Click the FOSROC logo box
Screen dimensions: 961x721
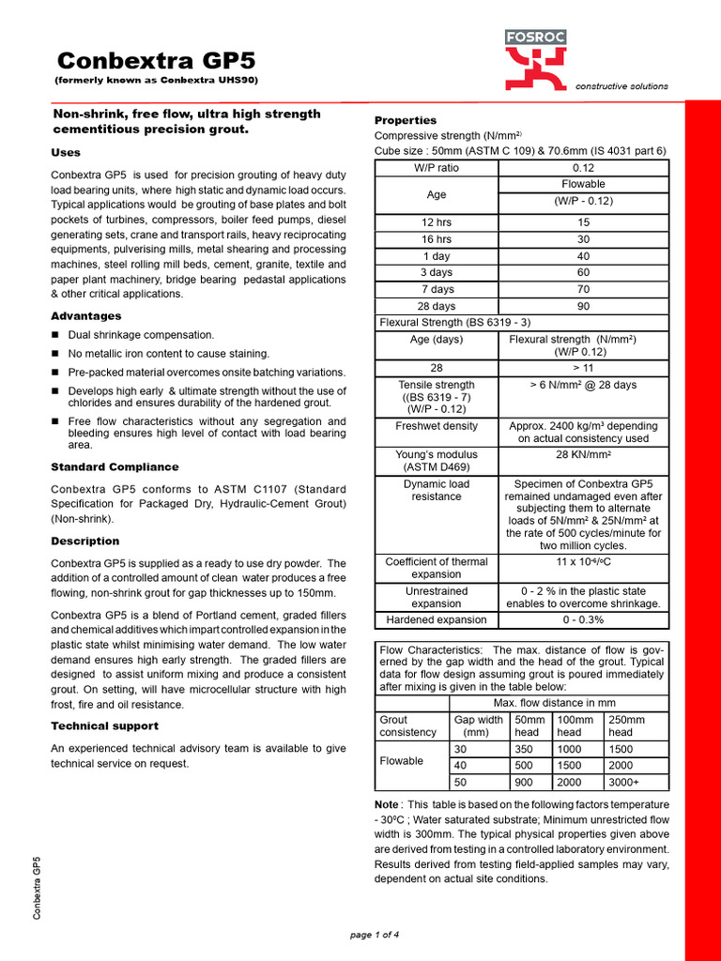click(x=535, y=38)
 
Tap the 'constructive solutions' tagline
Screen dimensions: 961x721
click(x=621, y=86)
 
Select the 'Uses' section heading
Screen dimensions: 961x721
click(x=66, y=152)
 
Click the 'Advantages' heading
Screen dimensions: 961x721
click(x=85, y=316)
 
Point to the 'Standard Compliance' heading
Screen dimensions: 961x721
click(x=114, y=466)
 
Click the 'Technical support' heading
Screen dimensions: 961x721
click(x=104, y=725)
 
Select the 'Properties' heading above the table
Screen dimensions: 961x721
click(x=406, y=120)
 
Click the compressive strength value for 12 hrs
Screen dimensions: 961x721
click(x=583, y=222)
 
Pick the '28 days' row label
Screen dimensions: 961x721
click(x=436, y=306)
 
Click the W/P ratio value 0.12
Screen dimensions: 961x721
click(x=583, y=167)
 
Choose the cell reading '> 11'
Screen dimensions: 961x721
click(x=583, y=369)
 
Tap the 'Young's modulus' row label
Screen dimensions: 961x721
click(x=436, y=460)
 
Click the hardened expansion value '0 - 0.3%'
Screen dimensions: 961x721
click(x=583, y=619)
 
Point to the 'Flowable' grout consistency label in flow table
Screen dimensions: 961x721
click(x=401, y=761)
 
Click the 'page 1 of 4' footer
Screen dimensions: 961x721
click(x=374, y=935)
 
